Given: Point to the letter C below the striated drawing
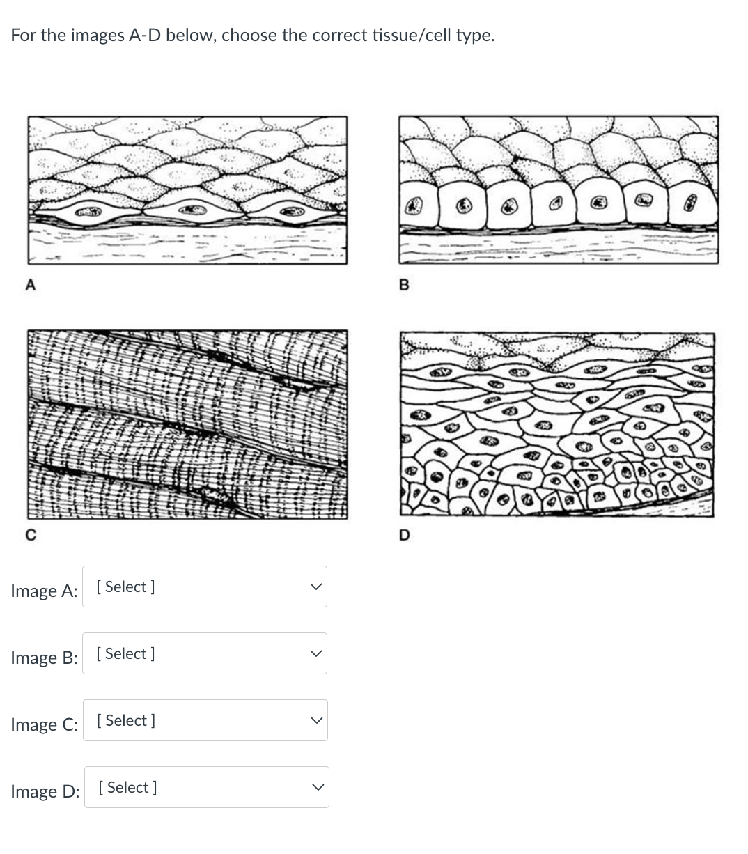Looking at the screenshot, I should [30, 535].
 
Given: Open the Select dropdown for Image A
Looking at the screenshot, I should [204, 587].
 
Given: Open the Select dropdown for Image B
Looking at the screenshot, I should [204, 653].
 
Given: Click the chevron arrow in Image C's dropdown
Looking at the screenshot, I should [316, 720].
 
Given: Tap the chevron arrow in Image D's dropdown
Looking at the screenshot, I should [318, 787].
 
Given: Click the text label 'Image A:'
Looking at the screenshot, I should [44, 591].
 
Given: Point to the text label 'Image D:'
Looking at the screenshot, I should [45, 791].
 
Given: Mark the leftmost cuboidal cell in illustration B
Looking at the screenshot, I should [416, 205].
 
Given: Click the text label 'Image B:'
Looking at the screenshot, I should [44, 658].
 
